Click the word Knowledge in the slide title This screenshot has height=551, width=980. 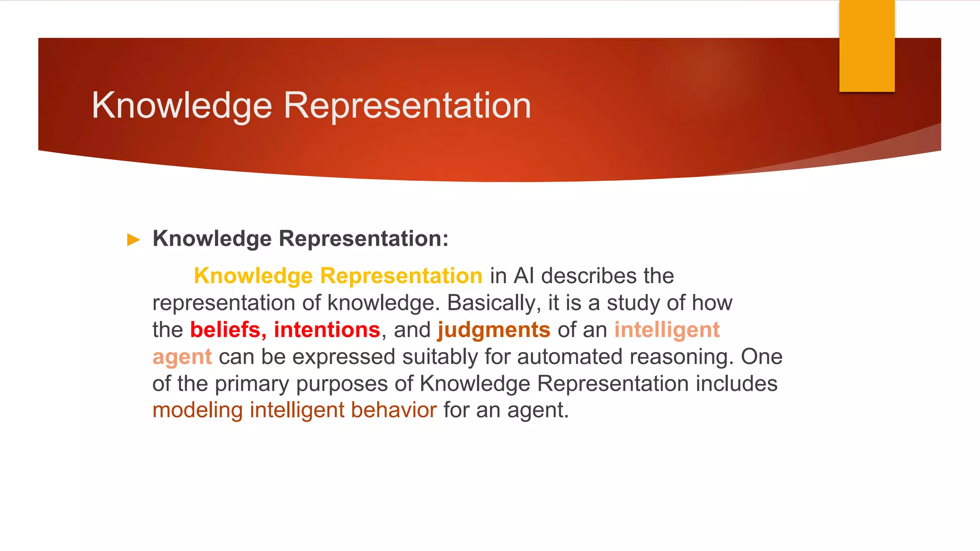[182, 106]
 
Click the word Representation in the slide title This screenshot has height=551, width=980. [407, 106]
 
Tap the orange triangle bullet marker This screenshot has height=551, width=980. [134, 240]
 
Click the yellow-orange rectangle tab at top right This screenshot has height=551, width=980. [867, 45]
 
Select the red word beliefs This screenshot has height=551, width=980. [225, 330]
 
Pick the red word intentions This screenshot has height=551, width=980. [327, 330]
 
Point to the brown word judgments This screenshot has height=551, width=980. [494, 330]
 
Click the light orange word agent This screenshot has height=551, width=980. [182, 357]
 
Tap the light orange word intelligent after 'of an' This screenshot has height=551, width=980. [667, 330]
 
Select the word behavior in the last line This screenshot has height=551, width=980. [393, 410]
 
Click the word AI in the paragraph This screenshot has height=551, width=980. [523, 276]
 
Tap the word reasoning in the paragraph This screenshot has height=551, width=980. [681, 357]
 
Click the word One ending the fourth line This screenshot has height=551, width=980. [762, 357]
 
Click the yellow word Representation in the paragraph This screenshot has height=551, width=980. [401, 276]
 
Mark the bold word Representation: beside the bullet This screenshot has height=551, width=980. [364, 239]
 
